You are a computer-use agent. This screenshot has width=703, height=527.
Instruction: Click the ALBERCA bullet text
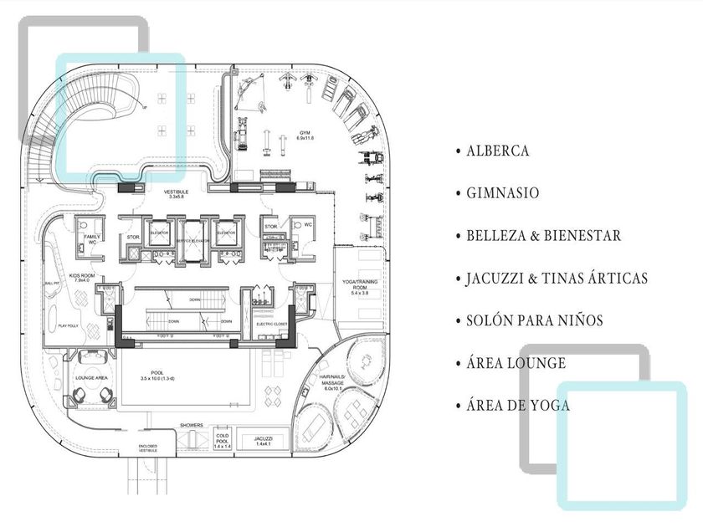click(x=497, y=151)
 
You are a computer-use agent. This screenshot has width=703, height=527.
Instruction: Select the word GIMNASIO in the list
click(x=502, y=193)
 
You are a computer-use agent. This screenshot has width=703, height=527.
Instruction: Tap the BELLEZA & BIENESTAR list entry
click(x=543, y=236)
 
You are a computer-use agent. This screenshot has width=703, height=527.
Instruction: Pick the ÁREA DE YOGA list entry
click(x=518, y=406)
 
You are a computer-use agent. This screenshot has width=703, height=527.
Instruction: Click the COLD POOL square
click(x=222, y=441)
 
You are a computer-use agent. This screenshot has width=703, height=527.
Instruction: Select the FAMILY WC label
click(x=91, y=240)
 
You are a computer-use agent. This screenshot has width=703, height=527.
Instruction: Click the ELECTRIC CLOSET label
click(x=271, y=324)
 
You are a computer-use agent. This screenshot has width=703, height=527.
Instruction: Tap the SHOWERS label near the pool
click(x=191, y=426)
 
